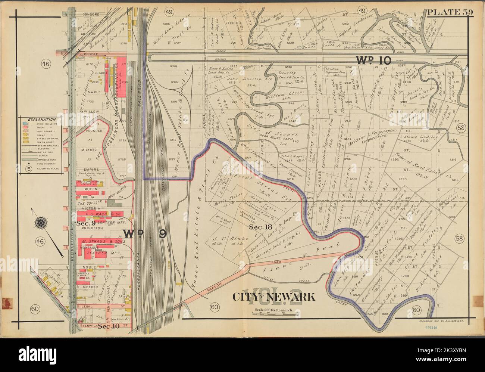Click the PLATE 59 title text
point(450,12)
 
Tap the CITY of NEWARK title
point(274,297)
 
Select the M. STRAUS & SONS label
point(99,242)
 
